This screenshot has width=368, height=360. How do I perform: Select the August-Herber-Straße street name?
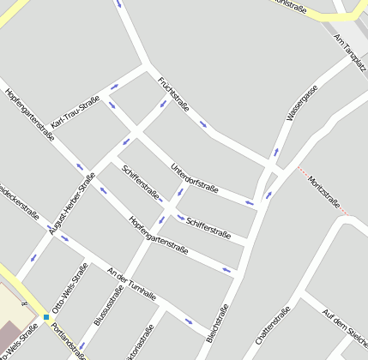(71, 203)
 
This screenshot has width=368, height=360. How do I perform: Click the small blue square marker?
(46, 317)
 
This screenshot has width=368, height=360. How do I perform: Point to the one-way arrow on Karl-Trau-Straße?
(114, 87)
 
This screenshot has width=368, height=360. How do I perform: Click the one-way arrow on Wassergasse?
(275, 153)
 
